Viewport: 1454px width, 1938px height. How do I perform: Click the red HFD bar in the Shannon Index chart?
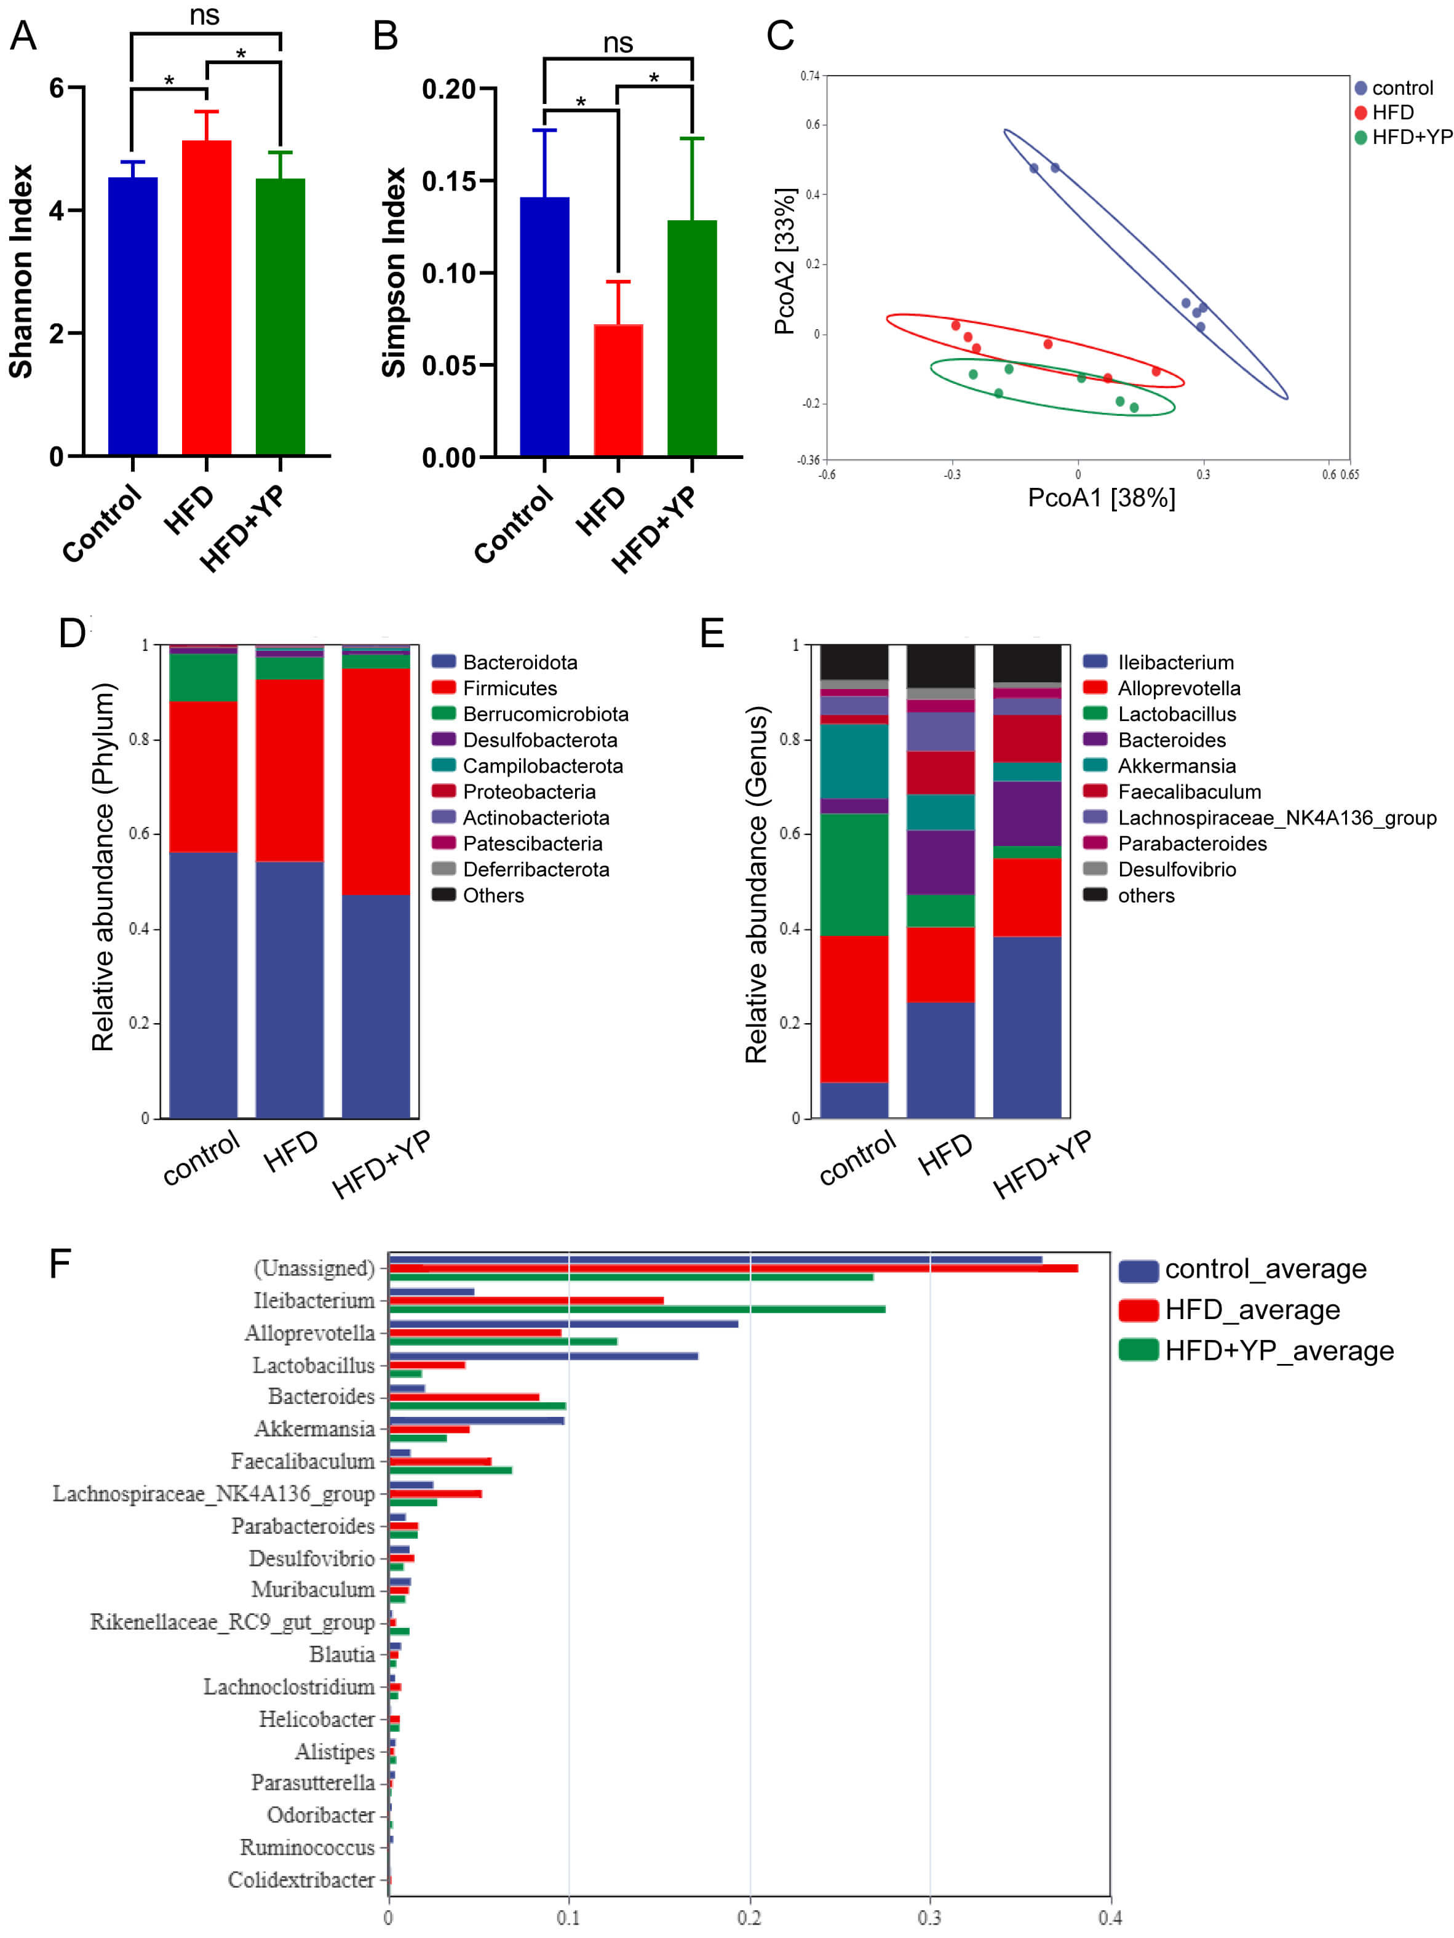point(207,298)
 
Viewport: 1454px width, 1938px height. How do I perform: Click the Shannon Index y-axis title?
point(21,271)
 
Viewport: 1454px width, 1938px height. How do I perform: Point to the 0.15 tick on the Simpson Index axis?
point(448,181)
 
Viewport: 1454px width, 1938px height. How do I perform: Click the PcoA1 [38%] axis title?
point(1101,498)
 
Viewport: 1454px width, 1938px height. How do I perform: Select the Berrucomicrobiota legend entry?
point(545,714)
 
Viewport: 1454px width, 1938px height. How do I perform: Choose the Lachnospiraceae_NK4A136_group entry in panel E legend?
point(1276,818)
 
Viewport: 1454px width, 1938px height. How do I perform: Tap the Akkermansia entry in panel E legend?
point(1177,766)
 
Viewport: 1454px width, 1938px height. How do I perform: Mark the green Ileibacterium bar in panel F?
point(637,1309)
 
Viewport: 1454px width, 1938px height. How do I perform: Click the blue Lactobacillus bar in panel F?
point(543,1356)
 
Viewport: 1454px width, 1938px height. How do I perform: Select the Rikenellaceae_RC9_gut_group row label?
point(232,1622)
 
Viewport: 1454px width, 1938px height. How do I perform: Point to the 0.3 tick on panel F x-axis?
point(929,1918)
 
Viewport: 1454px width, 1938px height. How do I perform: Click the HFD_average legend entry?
point(1252,1310)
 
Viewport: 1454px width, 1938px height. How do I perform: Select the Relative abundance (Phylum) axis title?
point(103,867)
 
